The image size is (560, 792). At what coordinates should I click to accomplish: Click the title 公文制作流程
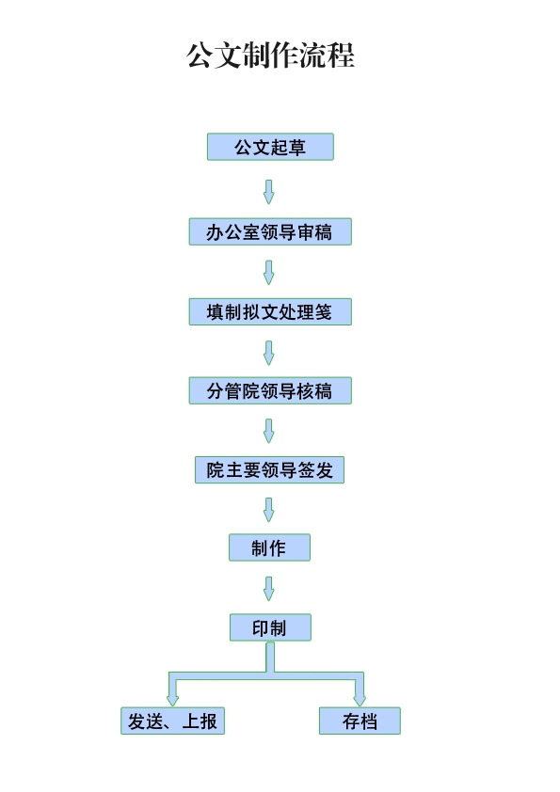[270, 55]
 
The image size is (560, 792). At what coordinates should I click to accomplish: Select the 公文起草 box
[270, 147]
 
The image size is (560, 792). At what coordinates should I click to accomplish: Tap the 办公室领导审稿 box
[270, 231]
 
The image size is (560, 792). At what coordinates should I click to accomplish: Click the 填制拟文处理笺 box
[270, 311]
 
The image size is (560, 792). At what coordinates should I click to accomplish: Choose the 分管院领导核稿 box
[270, 390]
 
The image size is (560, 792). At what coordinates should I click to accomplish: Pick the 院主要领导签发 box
[269, 469]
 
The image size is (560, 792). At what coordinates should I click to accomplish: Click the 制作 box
[269, 547]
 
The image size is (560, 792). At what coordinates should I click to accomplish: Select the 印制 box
[270, 627]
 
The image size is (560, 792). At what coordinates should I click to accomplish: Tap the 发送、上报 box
[172, 721]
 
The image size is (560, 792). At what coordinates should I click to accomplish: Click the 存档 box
[360, 721]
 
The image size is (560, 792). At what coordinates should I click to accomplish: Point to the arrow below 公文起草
[269, 192]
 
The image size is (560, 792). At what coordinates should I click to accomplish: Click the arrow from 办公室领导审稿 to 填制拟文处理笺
[269, 272]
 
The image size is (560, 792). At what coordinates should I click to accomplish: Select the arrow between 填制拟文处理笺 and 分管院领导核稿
[269, 353]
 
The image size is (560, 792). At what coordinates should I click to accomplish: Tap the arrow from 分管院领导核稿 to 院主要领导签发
[269, 431]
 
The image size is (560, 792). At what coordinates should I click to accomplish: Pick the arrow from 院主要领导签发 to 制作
[269, 510]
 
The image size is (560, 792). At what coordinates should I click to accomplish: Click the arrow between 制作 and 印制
[269, 589]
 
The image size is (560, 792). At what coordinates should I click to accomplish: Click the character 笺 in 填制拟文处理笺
[324, 311]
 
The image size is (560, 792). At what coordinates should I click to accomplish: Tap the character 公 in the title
[200, 55]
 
